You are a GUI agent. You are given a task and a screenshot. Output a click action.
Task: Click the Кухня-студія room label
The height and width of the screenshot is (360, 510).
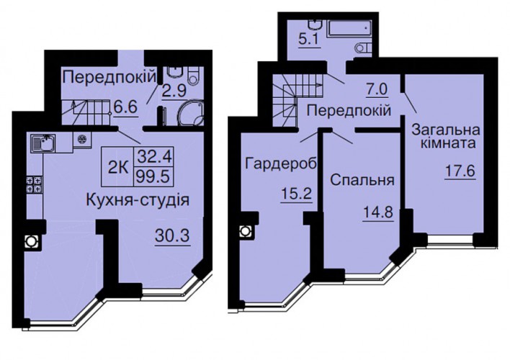click(138, 200)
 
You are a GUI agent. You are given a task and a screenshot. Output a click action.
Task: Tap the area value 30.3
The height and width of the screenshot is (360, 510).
click(172, 235)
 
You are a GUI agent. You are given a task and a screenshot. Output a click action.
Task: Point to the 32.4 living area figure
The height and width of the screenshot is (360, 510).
click(153, 158)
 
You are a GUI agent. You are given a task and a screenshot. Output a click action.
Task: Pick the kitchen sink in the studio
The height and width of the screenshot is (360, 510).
click(43, 143)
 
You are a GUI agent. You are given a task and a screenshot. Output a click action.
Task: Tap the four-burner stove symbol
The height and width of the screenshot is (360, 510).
click(35, 184)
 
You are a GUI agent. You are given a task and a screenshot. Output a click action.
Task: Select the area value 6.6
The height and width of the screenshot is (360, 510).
click(125, 107)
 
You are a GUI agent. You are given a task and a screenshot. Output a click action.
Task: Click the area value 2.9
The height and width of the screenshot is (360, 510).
click(174, 91)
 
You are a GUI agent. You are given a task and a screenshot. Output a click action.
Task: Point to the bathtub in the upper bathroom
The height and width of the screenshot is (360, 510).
click(350, 28)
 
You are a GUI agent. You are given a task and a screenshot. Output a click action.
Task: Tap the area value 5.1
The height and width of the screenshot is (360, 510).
click(309, 40)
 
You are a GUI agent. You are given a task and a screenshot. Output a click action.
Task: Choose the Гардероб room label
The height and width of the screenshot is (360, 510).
click(281, 164)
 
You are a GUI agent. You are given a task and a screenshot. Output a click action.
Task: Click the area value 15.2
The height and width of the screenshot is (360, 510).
click(296, 194)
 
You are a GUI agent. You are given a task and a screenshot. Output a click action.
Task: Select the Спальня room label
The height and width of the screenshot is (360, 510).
click(362, 180)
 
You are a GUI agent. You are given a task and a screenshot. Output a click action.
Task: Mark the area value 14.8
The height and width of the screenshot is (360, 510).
click(377, 213)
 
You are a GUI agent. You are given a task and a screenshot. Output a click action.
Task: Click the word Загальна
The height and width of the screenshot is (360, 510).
click(446, 130)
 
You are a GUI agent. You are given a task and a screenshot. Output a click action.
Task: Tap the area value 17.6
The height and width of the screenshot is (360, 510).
click(460, 171)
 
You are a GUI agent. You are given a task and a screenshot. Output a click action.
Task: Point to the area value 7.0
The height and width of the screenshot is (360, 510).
click(377, 89)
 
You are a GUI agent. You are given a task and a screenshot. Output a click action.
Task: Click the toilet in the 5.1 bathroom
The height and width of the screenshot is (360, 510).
click(364, 48)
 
